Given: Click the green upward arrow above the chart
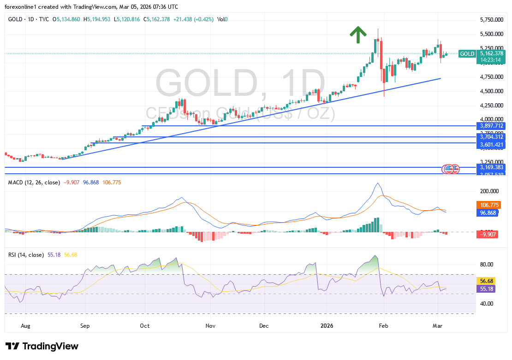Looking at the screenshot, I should pos(358,35).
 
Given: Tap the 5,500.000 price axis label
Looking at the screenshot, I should pos(491,34).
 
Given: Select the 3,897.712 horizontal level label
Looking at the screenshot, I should pos(491,125).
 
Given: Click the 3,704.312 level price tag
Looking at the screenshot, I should pos(491,137).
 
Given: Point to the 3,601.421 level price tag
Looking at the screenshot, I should pos(491,145).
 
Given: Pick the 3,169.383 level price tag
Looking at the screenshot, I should pos(491,167).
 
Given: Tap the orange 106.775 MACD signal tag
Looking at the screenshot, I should pos(489,205).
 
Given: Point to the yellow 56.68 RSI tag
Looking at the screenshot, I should pos(488,280).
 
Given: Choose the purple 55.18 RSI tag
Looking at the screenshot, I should pos(488,289).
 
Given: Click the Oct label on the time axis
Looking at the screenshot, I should pos(145,325).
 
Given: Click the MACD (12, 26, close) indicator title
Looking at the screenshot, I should pos(34,183).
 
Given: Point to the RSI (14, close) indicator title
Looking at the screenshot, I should pos(26,254).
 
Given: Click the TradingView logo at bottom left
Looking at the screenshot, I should pos(42,346).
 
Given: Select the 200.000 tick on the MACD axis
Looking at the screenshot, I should pos(489,190).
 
